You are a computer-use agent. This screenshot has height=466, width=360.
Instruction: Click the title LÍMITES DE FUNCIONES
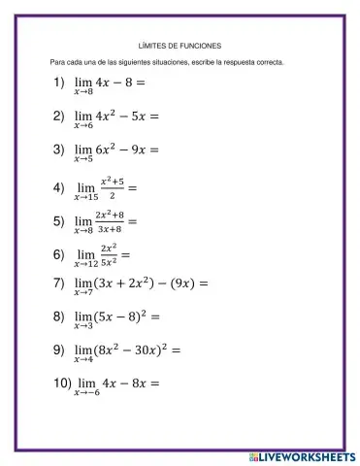(181, 44)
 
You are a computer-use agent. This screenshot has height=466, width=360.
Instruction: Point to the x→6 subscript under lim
(83, 125)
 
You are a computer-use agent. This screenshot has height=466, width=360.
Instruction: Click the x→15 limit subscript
(86, 196)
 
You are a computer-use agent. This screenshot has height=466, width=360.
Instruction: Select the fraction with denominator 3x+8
(110, 221)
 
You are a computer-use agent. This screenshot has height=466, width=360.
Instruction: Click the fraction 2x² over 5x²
(109, 254)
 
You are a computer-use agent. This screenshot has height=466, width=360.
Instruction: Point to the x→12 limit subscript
(86, 264)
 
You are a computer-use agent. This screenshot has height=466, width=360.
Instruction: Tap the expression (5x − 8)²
(122, 316)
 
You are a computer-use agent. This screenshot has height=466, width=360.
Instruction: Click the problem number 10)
(62, 382)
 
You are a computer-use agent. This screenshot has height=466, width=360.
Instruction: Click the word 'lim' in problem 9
(83, 349)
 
